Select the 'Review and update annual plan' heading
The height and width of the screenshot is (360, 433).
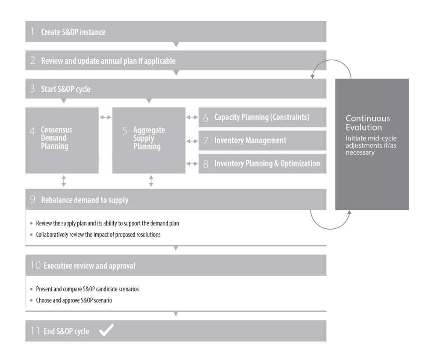(108, 61)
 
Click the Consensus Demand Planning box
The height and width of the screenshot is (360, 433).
(61, 140)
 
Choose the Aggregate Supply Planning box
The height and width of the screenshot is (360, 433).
(148, 140)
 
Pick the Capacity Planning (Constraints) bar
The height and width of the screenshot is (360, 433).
(262, 118)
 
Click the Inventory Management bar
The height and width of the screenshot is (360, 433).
(262, 140)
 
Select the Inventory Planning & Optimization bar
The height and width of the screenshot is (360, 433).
(262, 164)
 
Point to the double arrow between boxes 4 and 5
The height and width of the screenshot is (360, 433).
(105, 118)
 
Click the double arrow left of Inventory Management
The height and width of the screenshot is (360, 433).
(192, 141)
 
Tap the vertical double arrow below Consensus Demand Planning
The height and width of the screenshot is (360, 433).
(64, 181)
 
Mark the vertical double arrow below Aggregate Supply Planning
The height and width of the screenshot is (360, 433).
(151, 181)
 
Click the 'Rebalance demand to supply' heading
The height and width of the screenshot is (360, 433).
(84, 200)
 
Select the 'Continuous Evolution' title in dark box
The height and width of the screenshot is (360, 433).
(367, 122)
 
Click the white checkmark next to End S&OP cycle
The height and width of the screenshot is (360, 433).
(106, 331)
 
